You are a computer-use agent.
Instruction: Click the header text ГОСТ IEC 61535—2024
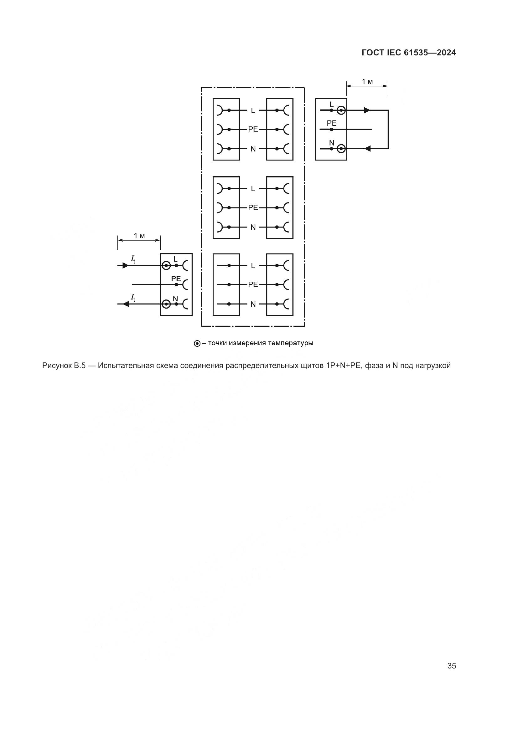pos(409,53)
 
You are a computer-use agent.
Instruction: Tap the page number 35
pos(452,666)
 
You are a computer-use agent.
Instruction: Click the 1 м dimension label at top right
pos(367,82)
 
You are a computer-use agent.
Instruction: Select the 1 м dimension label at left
pos(139,236)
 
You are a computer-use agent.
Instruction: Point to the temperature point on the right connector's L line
pos(341,110)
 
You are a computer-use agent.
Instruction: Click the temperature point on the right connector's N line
pos(341,149)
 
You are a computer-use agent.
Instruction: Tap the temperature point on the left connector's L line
pos(166,265)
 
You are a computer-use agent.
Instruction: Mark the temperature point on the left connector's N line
pos(166,304)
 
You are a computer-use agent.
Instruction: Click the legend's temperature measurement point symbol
pos(197,344)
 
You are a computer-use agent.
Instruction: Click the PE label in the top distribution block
pos(253,130)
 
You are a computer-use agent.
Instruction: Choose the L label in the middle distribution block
pos(253,189)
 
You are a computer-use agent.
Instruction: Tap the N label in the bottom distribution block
pos(253,304)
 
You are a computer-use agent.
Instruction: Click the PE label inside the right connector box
pos(331,123)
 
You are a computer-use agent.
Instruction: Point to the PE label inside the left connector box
pos(176,279)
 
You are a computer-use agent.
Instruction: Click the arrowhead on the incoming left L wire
pos(125,265)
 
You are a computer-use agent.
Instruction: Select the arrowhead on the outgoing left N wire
pos(126,304)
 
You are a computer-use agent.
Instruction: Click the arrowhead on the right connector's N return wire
pos(367,149)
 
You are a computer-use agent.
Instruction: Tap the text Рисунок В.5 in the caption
pos(64,366)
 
